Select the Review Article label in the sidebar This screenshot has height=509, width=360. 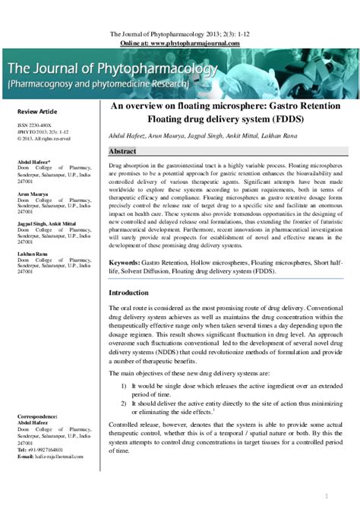pyautogui.click(x=37, y=112)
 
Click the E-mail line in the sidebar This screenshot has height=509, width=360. pyautogui.click(x=46, y=457)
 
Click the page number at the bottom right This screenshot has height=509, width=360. pyautogui.click(x=326, y=495)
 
